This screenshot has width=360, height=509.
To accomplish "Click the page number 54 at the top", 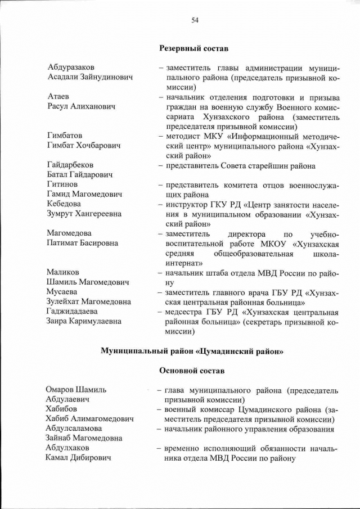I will point(195,20).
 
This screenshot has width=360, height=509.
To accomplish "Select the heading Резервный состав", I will point(194,49).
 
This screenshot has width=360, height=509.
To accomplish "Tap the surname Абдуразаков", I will point(71,67).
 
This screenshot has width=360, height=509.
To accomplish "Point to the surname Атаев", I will point(58,97).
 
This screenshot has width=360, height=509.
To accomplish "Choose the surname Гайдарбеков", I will point(70,165).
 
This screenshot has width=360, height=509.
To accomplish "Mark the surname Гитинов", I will point(62,184).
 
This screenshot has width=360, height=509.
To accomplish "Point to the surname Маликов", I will point(63,272).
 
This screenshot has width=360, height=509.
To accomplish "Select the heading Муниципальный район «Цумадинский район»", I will point(192,351).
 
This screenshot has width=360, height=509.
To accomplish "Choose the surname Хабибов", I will point(61,409).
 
